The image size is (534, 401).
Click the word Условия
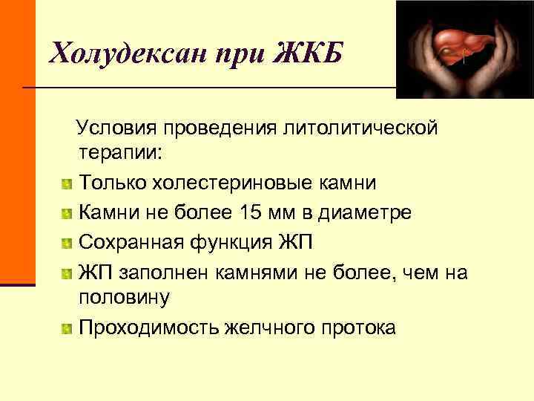[123, 128]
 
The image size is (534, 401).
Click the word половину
[124, 298]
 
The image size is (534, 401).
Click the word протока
[358, 327]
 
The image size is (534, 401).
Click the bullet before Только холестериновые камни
[67, 183]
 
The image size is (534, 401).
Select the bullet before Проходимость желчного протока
[67, 327]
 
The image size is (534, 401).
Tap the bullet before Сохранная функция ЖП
[67, 242]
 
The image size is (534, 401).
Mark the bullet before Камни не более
[67, 213]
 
